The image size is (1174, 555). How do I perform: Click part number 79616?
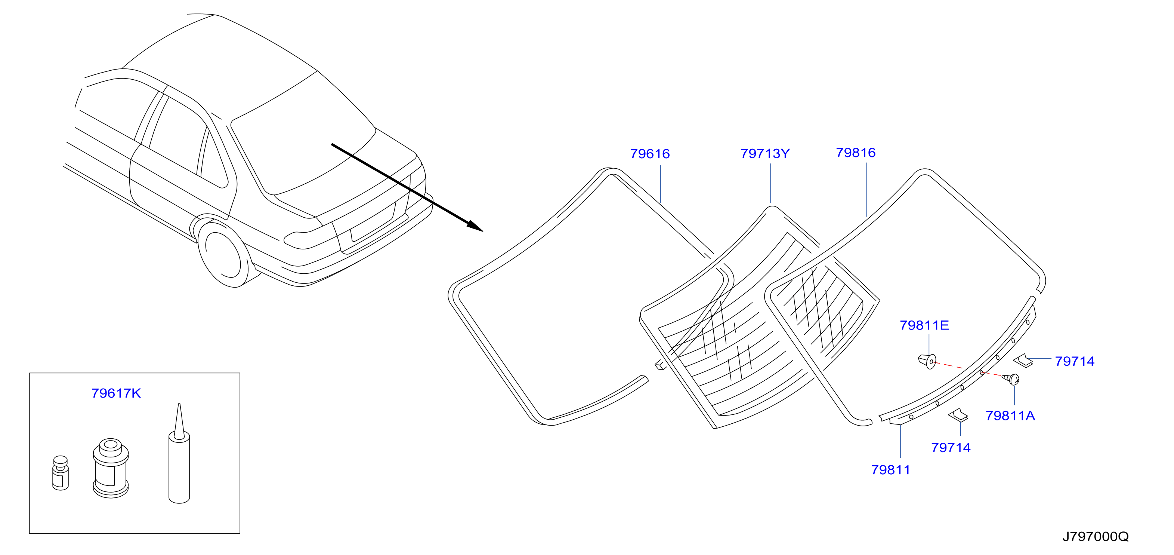tap(650, 154)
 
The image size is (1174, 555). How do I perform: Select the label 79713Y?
tap(765, 154)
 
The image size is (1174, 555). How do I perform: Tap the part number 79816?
tap(855, 153)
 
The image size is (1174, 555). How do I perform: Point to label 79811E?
tap(924, 325)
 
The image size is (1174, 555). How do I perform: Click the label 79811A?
tap(1010, 416)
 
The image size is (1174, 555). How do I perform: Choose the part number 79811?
tap(890, 470)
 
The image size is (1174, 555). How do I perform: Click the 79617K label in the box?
tap(116, 393)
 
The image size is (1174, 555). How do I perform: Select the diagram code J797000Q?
tap(1096, 536)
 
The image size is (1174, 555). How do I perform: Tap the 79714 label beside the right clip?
tap(1075, 361)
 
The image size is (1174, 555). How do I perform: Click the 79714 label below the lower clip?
tap(951, 447)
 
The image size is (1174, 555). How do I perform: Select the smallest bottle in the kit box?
tap(61, 473)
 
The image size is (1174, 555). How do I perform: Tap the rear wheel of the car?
tap(223, 254)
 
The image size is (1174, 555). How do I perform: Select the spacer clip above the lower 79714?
tap(958, 415)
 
